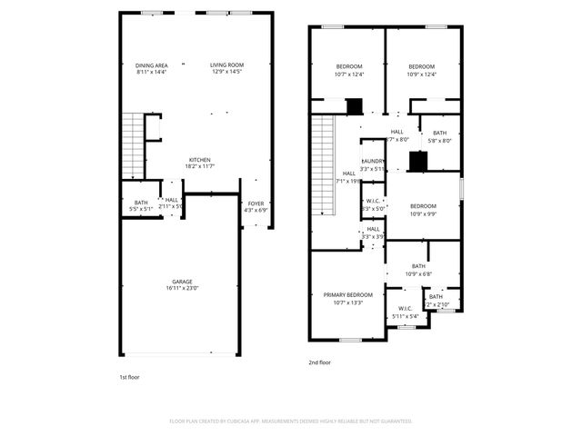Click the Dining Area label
click(x=152, y=65)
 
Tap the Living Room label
click(x=227, y=65)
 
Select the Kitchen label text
click(x=200, y=161)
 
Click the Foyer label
click(x=256, y=203)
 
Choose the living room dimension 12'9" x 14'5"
click(x=227, y=72)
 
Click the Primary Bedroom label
click(x=348, y=295)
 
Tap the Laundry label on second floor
click(x=373, y=162)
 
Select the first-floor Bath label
click(x=141, y=203)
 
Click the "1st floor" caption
click(x=129, y=376)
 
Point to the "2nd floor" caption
click(x=319, y=362)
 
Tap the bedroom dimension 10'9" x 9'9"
click(x=423, y=213)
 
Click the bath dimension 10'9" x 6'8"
click(x=418, y=273)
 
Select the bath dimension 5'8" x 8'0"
click(x=439, y=141)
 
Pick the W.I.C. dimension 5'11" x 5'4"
click(x=405, y=316)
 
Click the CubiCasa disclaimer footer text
click(x=291, y=421)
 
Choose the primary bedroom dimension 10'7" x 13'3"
click(x=348, y=302)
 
